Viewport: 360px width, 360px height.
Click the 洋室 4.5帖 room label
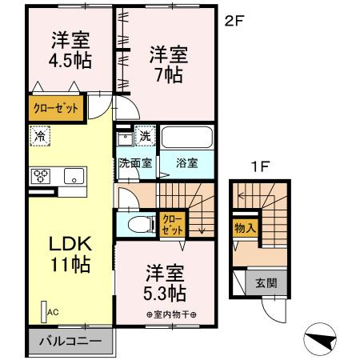70,50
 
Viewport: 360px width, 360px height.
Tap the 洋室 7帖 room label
169,65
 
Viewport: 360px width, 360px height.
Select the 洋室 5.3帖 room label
165,283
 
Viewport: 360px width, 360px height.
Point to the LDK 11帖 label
70,254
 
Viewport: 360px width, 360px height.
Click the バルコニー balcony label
70,341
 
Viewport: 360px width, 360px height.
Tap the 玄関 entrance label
266,283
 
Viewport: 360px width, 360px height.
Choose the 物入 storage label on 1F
246,228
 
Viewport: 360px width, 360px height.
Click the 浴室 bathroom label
186,162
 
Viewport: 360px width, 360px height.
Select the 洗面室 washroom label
135,162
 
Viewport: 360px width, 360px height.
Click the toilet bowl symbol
142,224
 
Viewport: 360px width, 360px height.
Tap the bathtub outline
187,137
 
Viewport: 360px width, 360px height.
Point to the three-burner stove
41,176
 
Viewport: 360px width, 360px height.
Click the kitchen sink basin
74,176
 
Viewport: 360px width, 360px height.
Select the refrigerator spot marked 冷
40,136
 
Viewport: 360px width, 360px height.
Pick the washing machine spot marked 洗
146,136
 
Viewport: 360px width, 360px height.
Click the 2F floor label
234,21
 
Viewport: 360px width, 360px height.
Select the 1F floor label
259,167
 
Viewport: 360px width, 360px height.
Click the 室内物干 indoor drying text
171,314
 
